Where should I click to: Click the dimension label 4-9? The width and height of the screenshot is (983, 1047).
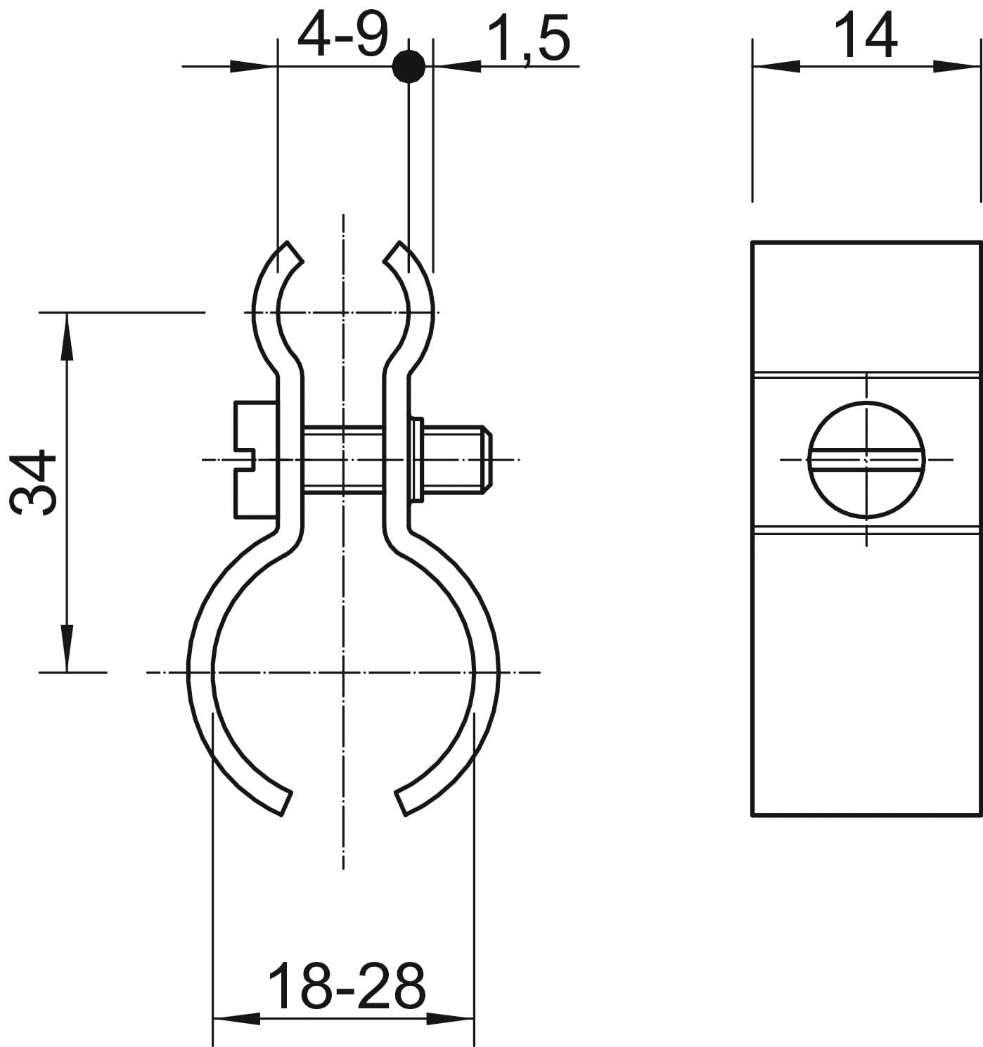[x=343, y=35]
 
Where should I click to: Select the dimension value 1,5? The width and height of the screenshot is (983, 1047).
[x=528, y=39]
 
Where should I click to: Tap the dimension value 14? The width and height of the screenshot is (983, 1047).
[x=866, y=35]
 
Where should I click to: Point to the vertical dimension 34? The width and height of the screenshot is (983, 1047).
[x=33, y=482]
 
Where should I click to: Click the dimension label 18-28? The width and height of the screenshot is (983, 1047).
[x=347, y=987]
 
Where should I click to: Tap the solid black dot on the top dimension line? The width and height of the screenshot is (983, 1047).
[x=409, y=66]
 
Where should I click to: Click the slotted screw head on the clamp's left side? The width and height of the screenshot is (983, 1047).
[x=256, y=460]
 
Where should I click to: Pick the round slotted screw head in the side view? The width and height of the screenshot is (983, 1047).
[x=866, y=460]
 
